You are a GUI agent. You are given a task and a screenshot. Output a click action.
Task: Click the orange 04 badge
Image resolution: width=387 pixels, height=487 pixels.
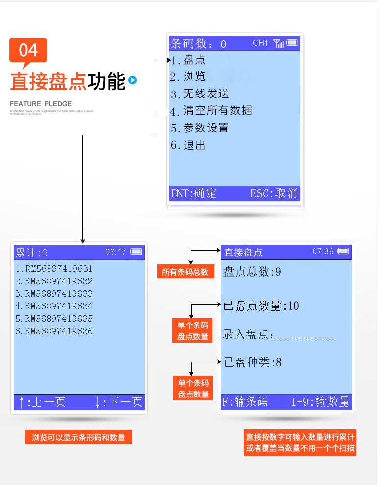click(x=28, y=50)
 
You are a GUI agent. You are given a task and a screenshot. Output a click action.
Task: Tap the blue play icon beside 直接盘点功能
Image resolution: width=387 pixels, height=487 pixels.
click(x=132, y=80)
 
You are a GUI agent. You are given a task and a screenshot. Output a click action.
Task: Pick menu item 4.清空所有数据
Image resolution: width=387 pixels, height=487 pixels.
click(x=212, y=111)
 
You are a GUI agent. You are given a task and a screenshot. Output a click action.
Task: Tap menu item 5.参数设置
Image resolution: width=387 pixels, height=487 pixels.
click(x=200, y=128)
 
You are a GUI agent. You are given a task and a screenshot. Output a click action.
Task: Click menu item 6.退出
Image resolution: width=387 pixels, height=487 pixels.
click(x=188, y=145)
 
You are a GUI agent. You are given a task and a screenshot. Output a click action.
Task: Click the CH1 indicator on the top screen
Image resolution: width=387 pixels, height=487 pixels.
click(x=260, y=43)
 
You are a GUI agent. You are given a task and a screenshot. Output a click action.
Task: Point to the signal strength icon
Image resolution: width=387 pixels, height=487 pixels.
click(x=278, y=44)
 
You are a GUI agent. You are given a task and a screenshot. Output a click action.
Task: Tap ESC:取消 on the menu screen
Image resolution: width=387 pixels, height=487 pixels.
click(x=274, y=193)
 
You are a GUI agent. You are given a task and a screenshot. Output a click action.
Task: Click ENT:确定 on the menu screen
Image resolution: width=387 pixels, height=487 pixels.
click(x=193, y=193)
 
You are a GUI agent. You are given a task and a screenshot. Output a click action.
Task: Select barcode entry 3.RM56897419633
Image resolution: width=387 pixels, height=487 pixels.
click(x=54, y=294)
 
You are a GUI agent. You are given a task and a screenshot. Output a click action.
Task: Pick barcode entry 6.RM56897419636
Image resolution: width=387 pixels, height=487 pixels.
click(x=54, y=331)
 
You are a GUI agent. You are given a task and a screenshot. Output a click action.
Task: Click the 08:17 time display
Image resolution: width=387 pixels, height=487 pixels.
click(x=116, y=252)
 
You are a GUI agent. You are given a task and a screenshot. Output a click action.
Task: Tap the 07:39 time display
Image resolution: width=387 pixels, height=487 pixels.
click(x=323, y=251)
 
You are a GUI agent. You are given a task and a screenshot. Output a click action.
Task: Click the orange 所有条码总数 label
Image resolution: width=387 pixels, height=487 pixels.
click(x=185, y=272)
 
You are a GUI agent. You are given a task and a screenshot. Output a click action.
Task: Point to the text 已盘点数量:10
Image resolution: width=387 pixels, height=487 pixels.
click(x=261, y=306)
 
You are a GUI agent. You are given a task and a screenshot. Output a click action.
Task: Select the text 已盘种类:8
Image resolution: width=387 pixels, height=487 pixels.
click(x=253, y=363)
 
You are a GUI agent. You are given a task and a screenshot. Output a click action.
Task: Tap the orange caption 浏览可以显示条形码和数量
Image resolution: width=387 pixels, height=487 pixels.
click(x=78, y=437)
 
